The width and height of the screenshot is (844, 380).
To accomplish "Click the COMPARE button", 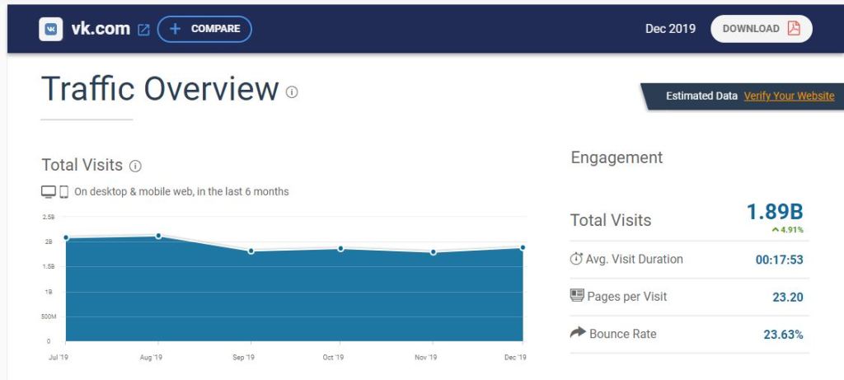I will point(204,29).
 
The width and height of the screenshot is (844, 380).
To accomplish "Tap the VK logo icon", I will point(51,29).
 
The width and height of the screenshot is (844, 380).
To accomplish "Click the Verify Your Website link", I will point(789,96).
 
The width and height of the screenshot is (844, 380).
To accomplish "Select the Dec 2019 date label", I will point(670,29).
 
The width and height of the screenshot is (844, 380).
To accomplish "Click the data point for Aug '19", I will point(158,236).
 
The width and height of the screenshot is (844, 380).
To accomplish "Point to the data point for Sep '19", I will point(251,251).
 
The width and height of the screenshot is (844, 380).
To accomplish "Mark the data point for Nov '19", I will point(433,252).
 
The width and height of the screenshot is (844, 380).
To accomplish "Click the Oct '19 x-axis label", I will point(333,357).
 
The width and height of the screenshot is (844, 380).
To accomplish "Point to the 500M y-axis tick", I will point(49,317).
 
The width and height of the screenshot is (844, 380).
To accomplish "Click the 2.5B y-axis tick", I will point(49,217).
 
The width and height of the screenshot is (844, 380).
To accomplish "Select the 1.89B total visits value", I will point(774,212).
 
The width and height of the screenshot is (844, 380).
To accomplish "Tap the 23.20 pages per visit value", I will point(787,297).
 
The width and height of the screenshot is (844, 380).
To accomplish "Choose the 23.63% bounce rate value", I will point(782,334).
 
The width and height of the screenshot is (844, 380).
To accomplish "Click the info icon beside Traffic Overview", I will point(292,91).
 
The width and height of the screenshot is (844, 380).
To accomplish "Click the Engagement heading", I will point(617,157).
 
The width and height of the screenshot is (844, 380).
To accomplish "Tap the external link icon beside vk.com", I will point(143,30).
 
